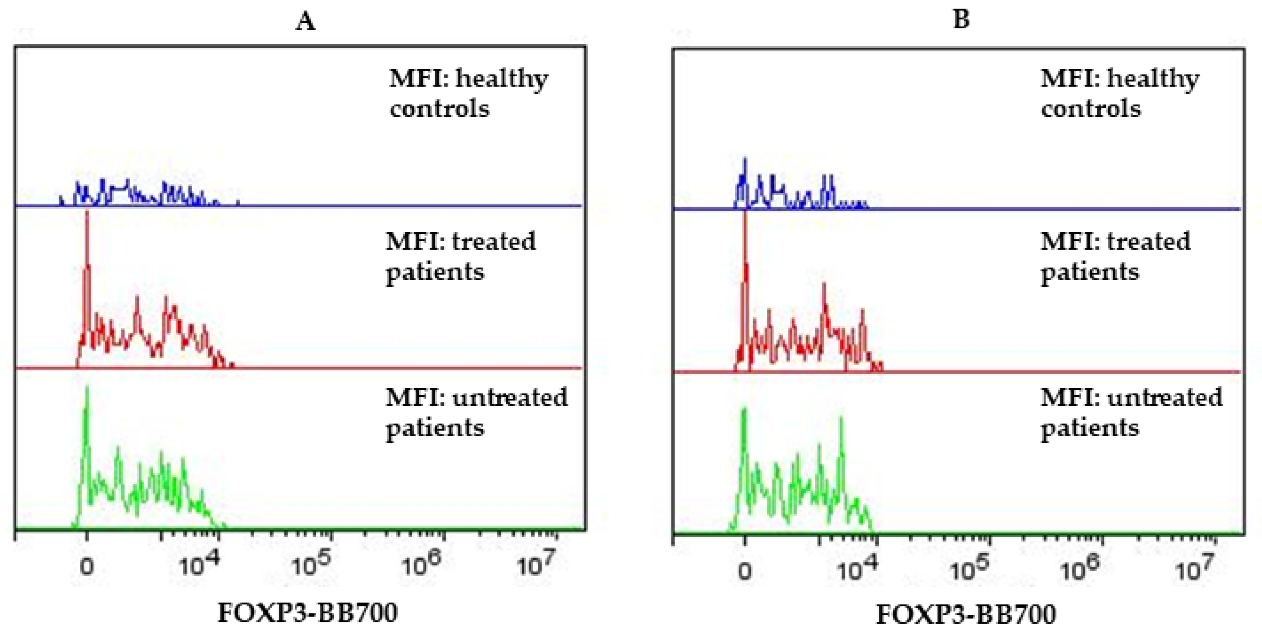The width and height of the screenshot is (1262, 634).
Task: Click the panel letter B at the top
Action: [x=962, y=19]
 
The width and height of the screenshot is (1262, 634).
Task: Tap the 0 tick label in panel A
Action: [x=87, y=567]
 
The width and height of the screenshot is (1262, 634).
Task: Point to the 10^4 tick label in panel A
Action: [x=199, y=565]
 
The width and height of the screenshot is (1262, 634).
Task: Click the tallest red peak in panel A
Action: [x=87, y=214]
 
